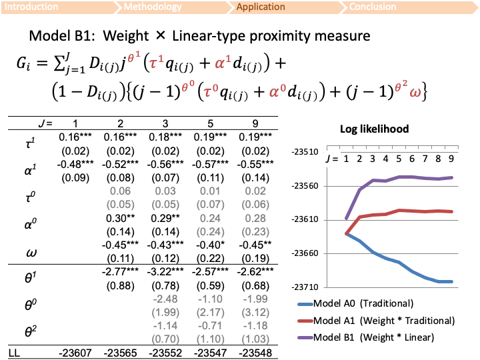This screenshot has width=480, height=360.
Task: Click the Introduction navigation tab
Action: [x=32, y=7]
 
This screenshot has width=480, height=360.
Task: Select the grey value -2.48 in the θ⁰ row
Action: [x=164, y=299]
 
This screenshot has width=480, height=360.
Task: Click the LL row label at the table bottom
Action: [x=14, y=351]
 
